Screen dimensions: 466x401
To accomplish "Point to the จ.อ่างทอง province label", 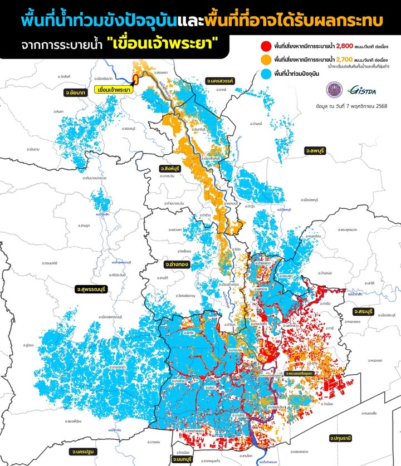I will coord(178,264).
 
